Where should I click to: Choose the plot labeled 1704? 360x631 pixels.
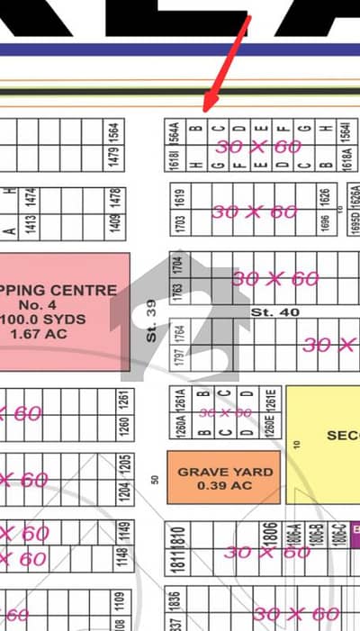coord(177,266)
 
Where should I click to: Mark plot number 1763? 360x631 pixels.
coord(177,294)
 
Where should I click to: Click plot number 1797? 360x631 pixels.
coord(177,356)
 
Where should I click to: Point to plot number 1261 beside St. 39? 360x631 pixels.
coord(123,400)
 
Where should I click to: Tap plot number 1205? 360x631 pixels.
coord(123,465)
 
